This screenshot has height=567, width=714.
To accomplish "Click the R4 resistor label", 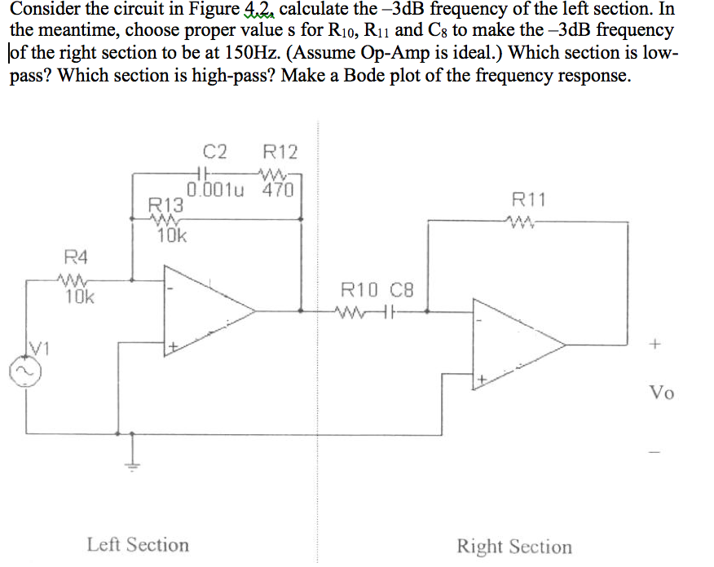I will click(75, 258).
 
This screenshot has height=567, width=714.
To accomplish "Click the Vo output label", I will click(661, 393).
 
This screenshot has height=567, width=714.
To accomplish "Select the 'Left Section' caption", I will click(138, 544).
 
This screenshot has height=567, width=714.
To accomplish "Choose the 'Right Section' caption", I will click(514, 546).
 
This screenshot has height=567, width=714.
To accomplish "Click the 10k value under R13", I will click(171, 237).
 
